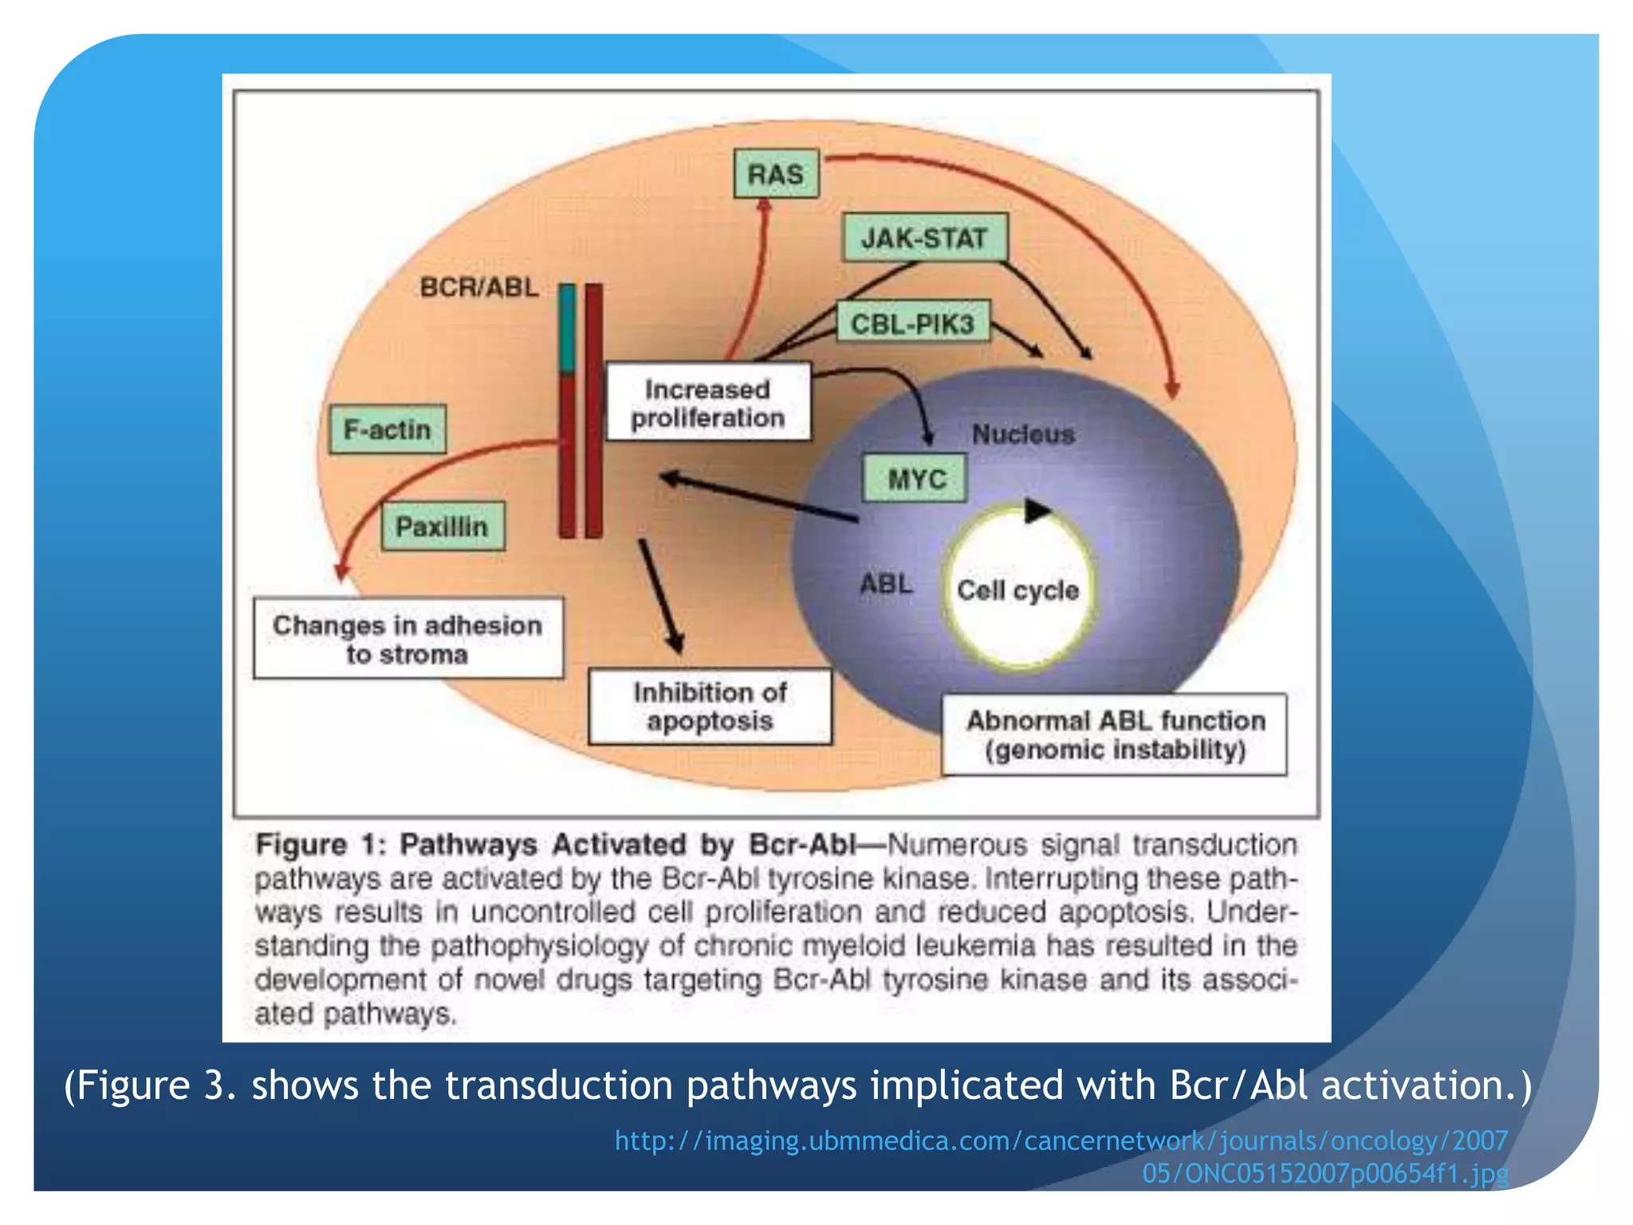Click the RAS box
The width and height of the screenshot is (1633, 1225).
(x=776, y=174)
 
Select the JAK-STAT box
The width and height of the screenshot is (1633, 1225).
(x=924, y=238)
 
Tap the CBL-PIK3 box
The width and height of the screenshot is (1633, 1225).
(x=913, y=323)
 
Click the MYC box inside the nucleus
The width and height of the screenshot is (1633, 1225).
(x=916, y=479)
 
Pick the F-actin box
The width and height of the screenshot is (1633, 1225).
(x=388, y=429)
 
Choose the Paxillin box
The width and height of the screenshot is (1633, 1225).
(x=443, y=526)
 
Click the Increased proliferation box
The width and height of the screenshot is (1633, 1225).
(x=708, y=403)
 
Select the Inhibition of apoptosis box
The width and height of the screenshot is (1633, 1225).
(x=710, y=707)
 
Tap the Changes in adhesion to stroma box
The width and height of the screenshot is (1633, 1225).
(x=407, y=639)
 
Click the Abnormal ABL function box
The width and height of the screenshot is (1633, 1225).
(x=1115, y=735)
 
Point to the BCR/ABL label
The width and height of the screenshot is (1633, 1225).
(x=479, y=287)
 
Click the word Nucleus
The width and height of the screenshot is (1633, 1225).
(x=1023, y=434)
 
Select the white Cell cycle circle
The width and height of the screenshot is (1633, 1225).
(x=1018, y=590)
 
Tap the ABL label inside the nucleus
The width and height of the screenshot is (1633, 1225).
(x=886, y=584)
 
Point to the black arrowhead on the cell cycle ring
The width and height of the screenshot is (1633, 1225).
(x=1036, y=510)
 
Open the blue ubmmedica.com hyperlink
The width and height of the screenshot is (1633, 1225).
(x=1060, y=1141)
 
